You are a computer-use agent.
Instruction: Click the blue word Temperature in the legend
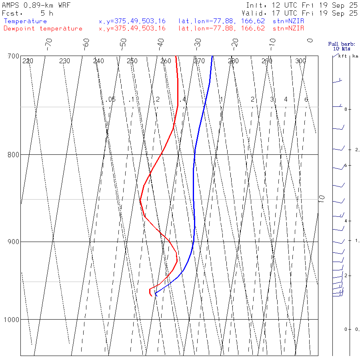pyautogui.click(x=25, y=21)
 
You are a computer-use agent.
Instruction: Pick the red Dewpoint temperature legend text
pyautogui.click(x=43, y=28)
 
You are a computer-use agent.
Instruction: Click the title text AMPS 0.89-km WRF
pyautogui.click(x=36, y=6)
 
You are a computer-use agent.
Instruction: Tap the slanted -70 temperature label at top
pyautogui.click(x=48, y=43)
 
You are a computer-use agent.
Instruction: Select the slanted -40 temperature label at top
pyautogui.click(x=160, y=43)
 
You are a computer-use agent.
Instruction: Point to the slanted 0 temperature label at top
pyautogui.click(x=310, y=40)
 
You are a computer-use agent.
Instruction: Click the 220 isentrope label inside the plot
pyautogui.click(x=28, y=61)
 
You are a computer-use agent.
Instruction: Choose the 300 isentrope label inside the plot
pyautogui.click(x=300, y=61)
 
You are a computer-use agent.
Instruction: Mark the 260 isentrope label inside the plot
pyautogui.click(x=166, y=61)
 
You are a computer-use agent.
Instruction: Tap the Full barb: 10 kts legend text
pyautogui.click(x=339, y=46)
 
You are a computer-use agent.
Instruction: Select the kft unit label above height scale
pyautogui.click(x=342, y=56)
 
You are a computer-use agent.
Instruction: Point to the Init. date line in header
pyautogui.click(x=302, y=6)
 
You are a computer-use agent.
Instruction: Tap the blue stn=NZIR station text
pyautogui.click(x=288, y=21)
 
